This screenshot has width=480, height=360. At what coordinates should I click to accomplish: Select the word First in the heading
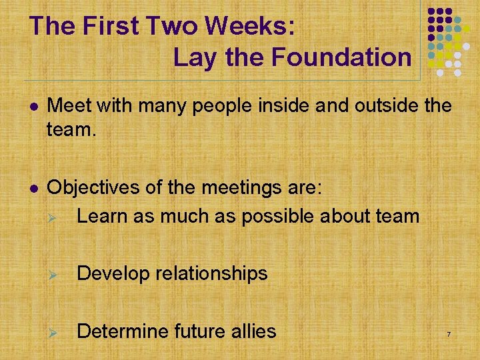[x=109, y=26]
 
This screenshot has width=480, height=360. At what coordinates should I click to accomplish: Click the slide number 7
[x=449, y=333]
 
